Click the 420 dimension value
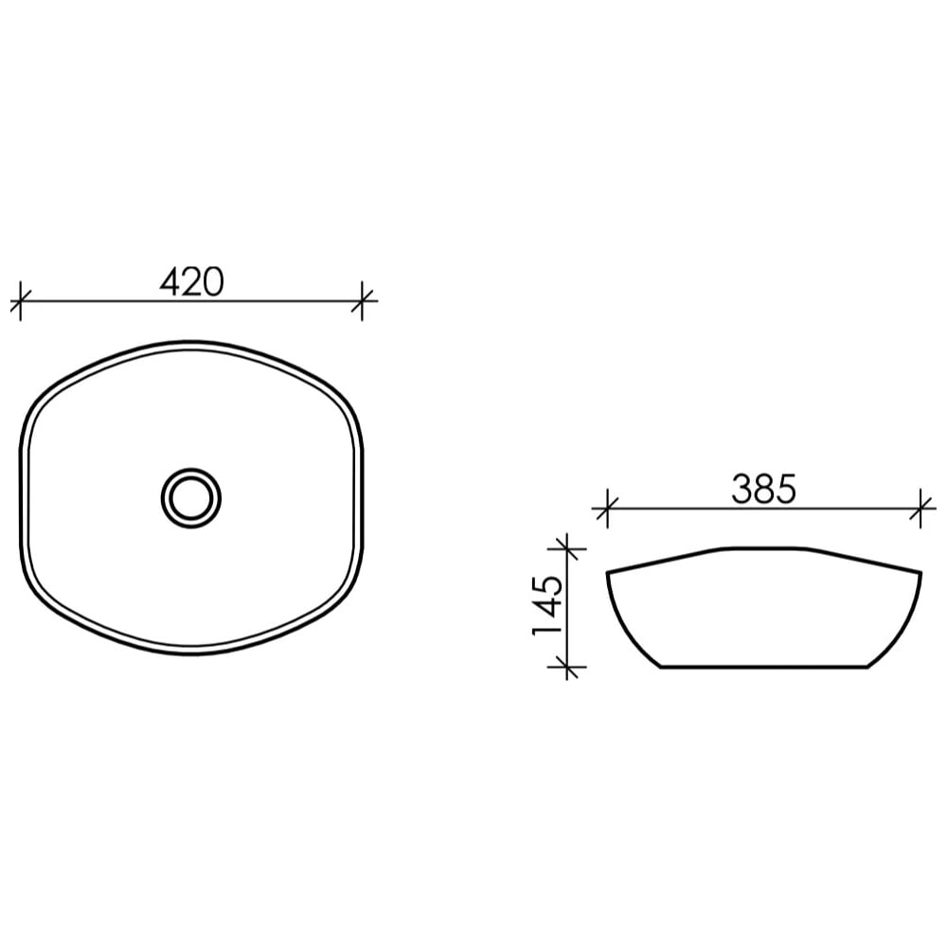pyautogui.click(x=191, y=281)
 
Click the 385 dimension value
pyautogui.click(x=764, y=489)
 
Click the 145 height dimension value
pyautogui.click(x=547, y=605)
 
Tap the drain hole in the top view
pyautogui.click(x=191, y=498)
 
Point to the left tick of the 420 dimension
pyautogui.click(x=21, y=300)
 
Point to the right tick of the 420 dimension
pyautogui.click(x=362, y=300)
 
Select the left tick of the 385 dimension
pyautogui.click(x=607, y=509)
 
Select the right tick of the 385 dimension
pyautogui.click(x=920, y=509)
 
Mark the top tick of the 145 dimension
pyautogui.click(x=566, y=549)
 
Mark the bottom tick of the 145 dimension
pyautogui.click(x=566, y=667)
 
